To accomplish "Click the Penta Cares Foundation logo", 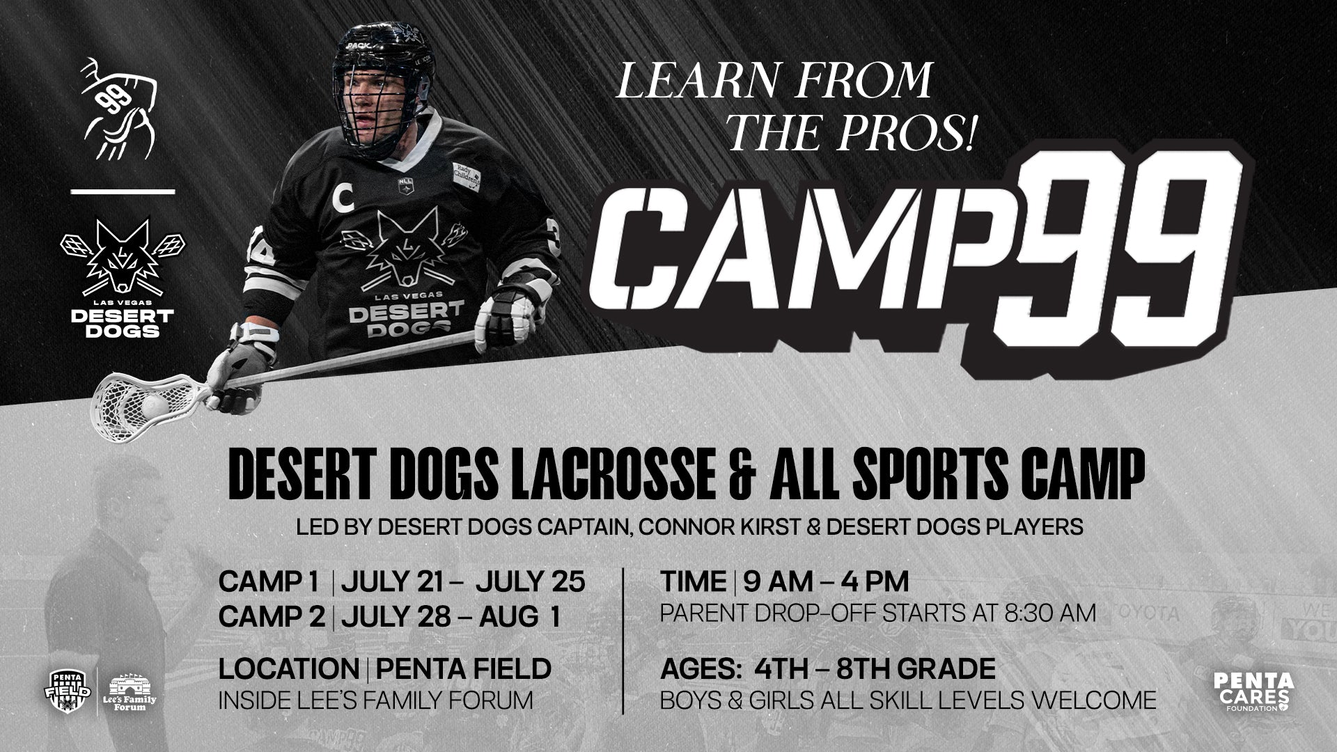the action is coord(1253,692).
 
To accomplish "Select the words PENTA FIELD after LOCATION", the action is coord(463,668).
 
